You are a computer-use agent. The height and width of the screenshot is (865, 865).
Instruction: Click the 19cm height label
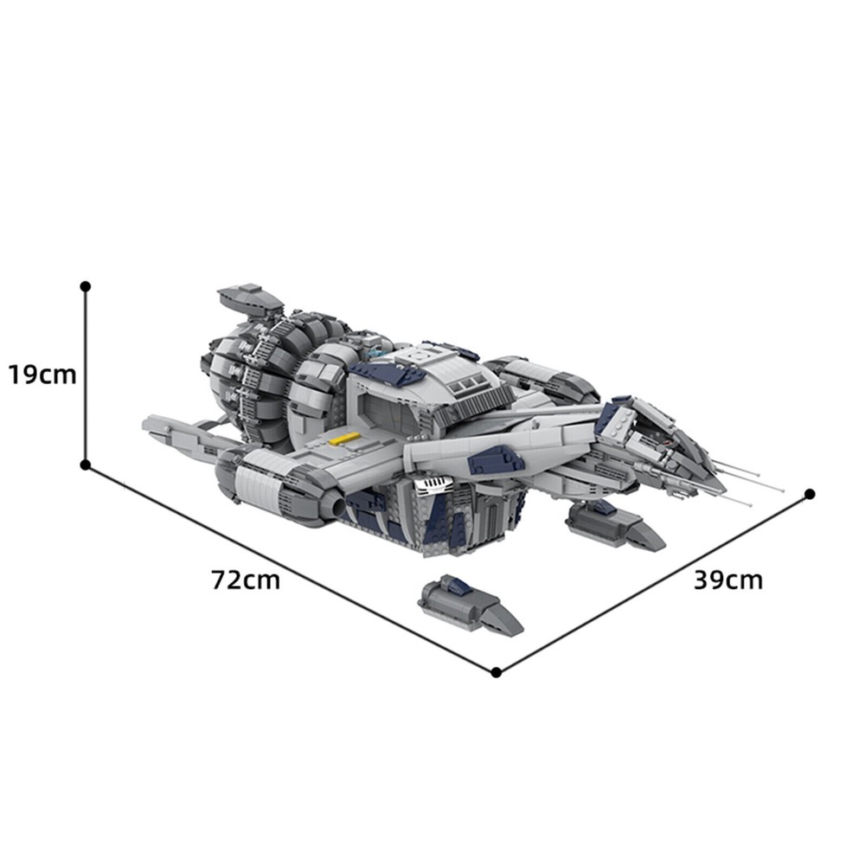click(x=42, y=375)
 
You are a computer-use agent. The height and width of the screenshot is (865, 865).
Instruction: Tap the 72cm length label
click(x=246, y=580)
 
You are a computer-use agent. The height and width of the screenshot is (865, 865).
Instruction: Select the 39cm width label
click(x=728, y=580)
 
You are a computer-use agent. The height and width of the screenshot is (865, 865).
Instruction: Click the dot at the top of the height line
click(x=85, y=286)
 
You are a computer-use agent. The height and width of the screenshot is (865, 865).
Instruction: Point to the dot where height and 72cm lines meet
click(x=85, y=465)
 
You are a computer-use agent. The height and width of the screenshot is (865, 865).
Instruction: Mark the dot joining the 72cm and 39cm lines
click(x=496, y=672)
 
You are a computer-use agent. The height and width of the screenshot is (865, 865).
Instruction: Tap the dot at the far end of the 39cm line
click(x=810, y=494)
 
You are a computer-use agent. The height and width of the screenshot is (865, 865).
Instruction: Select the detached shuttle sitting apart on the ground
click(x=470, y=605)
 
